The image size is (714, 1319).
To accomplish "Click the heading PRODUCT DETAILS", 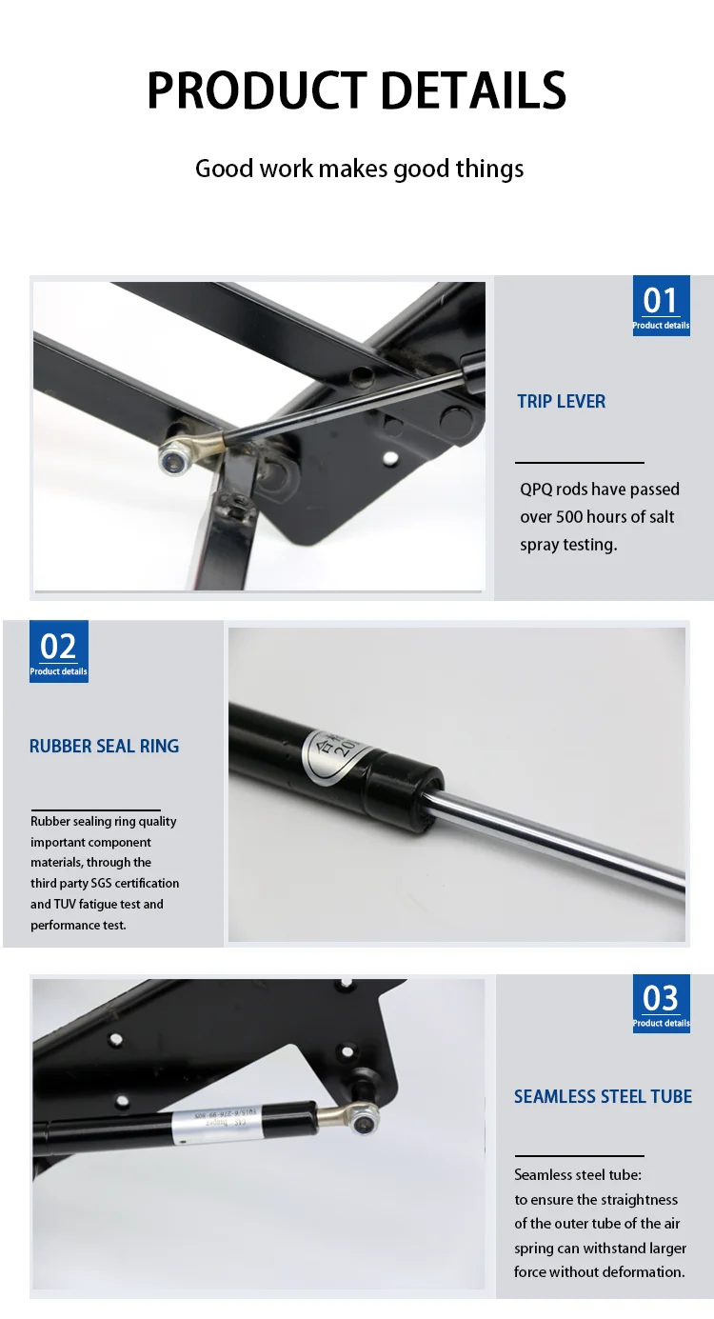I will (x=357, y=91).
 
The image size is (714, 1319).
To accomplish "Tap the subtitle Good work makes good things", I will (x=359, y=170).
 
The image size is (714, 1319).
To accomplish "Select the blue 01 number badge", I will (x=661, y=305).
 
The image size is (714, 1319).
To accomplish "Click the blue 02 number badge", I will (x=58, y=650).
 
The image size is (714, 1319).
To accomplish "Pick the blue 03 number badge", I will (x=661, y=1003).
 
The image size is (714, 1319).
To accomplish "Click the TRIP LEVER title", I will (x=561, y=402).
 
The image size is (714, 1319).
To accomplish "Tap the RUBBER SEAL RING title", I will (x=104, y=747).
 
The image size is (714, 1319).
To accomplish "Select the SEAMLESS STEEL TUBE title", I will (x=603, y=1097).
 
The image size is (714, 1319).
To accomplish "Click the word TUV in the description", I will (x=69, y=905).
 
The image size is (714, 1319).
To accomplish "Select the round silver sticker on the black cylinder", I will (x=329, y=755).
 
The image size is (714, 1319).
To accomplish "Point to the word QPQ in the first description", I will (x=538, y=490).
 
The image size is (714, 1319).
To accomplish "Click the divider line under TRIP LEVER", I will (x=579, y=463).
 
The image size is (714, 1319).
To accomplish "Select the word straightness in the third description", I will (x=639, y=1200).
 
